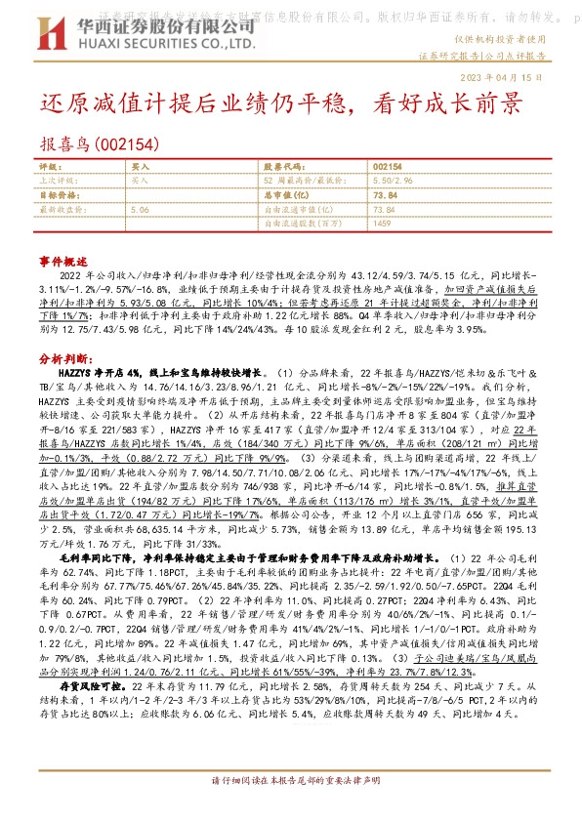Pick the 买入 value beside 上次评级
pos(140,181)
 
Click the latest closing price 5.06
pos(139,209)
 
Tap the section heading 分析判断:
pos(65,359)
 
